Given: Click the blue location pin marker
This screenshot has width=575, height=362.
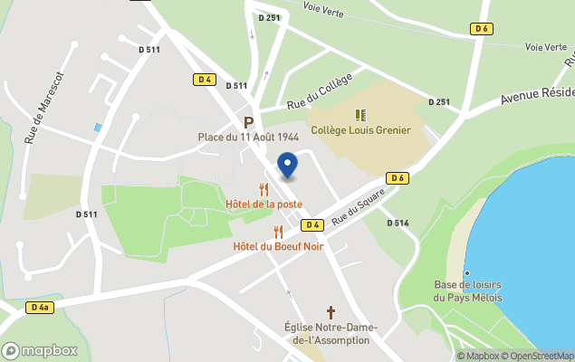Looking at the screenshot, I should pyautogui.click(x=287, y=167).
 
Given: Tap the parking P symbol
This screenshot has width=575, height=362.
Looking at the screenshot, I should pyautogui.click(x=247, y=122).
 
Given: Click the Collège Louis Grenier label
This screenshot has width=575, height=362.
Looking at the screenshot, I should pyautogui.click(x=360, y=130).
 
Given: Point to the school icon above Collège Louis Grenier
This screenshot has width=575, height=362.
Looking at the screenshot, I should pyautogui.click(x=360, y=115).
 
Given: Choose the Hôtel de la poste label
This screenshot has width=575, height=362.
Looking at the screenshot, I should pyautogui.click(x=264, y=205).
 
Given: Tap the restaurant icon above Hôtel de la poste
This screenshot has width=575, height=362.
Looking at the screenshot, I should pyautogui.click(x=264, y=189).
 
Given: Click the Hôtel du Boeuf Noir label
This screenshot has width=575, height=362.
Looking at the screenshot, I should pyautogui.click(x=278, y=246).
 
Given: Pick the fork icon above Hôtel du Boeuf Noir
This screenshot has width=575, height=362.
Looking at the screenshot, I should pyautogui.click(x=278, y=232).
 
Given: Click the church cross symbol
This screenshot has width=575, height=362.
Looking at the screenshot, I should pyautogui.click(x=318, y=312).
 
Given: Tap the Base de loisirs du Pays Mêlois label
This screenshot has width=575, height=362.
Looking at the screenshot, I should pyautogui.click(x=467, y=291).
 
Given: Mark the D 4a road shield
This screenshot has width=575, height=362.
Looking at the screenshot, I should pyautogui.click(x=38, y=308).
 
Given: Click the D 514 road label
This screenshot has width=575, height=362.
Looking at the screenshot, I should pyautogui.click(x=398, y=223).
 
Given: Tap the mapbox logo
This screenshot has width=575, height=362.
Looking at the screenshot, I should pyautogui.click(x=40, y=350).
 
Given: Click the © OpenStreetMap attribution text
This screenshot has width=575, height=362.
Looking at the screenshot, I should pyautogui.click(x=541, y=356).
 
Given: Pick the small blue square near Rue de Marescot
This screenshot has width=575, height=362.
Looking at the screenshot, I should pyautogui.click(x=98, y=129).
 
